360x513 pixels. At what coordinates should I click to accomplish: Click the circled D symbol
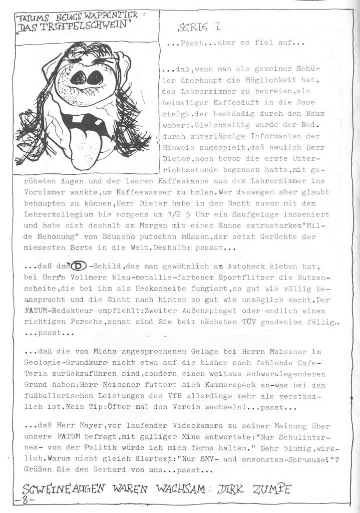tap(79, 266)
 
